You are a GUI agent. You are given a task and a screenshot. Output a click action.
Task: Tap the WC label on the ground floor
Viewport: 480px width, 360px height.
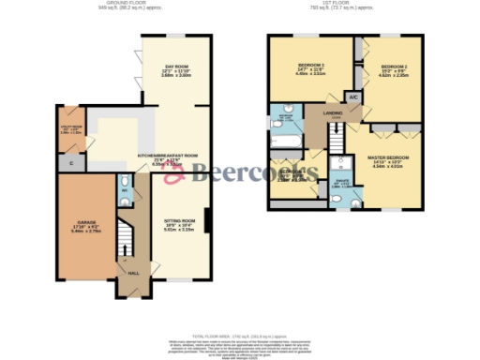point(123,191)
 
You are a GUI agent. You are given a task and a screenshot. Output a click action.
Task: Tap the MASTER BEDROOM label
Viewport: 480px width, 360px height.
point(389,162)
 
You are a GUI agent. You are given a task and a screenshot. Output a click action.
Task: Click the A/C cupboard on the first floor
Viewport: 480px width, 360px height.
point(353,97)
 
